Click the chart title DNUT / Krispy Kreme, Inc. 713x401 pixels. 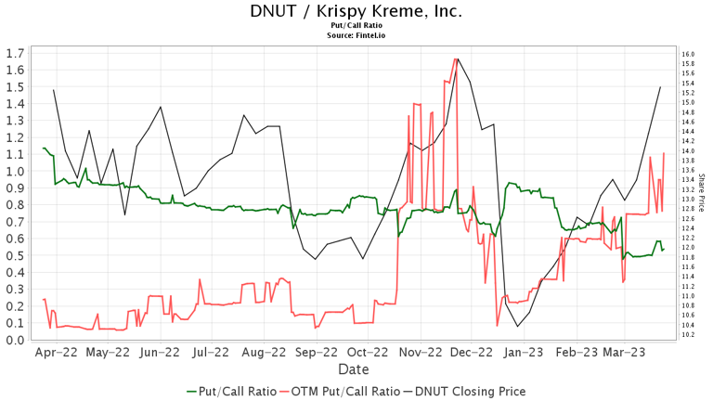(x=356, y=11)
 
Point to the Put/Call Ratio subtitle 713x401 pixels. (x=356, y=26)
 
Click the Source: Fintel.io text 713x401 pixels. (x=356, y=35)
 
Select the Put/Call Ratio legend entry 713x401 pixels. (x=232, y=391)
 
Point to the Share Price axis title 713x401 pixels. (x=702, y=195)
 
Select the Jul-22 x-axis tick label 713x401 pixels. (x=212, y=353)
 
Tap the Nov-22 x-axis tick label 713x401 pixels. (x=420, y=353)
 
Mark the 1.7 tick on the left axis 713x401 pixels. (x=15, y=53)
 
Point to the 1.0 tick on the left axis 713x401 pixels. (x=15, y=172)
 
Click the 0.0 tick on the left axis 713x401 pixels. (x=15, y=340)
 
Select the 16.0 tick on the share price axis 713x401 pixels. (x=688, y=54)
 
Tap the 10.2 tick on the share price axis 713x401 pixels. (x=688, y=334)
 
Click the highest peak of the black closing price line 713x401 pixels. (x=458, y=59)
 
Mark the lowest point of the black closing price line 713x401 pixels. (x=517, y=327)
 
